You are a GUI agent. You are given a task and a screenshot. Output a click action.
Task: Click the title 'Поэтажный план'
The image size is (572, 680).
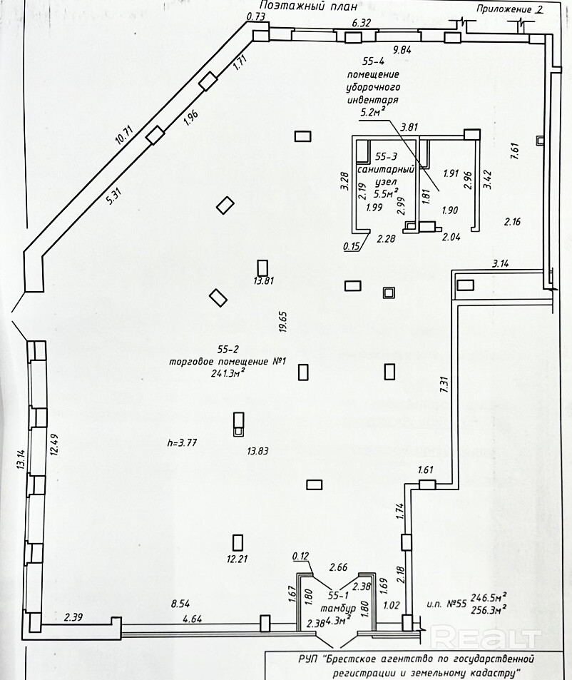(x=309, y=6)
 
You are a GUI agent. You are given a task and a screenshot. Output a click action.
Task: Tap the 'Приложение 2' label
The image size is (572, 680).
(x=510, y=9)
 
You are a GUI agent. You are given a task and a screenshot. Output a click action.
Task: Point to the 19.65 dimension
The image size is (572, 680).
(x=282, y=321)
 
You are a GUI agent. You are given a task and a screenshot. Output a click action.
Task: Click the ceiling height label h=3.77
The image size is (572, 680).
(x=182, y=443)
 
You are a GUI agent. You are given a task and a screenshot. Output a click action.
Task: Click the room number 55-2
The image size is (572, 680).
(x=229, y=349)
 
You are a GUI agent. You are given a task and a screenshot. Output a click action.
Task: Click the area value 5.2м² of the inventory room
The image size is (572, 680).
(x=373, y=112)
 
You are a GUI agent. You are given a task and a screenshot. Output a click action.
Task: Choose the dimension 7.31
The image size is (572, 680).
(x=443, y=385)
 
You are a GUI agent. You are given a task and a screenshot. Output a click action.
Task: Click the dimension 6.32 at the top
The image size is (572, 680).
(x=361, y=23)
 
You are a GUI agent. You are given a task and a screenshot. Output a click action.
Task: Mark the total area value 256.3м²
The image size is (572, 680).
(x=489, y=610)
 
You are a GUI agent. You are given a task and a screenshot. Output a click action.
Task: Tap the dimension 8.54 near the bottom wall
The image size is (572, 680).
(x=180, y=603)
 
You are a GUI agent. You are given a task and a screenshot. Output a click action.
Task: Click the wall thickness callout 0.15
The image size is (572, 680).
(x=352, y=246)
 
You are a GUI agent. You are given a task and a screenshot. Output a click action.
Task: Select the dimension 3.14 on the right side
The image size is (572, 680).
(x=501, y=263)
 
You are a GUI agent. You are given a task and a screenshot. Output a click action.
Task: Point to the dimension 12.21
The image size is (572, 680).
(x=237, y=559)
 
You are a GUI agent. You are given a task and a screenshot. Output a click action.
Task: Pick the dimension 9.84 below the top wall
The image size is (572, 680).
(x=402, y=49)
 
